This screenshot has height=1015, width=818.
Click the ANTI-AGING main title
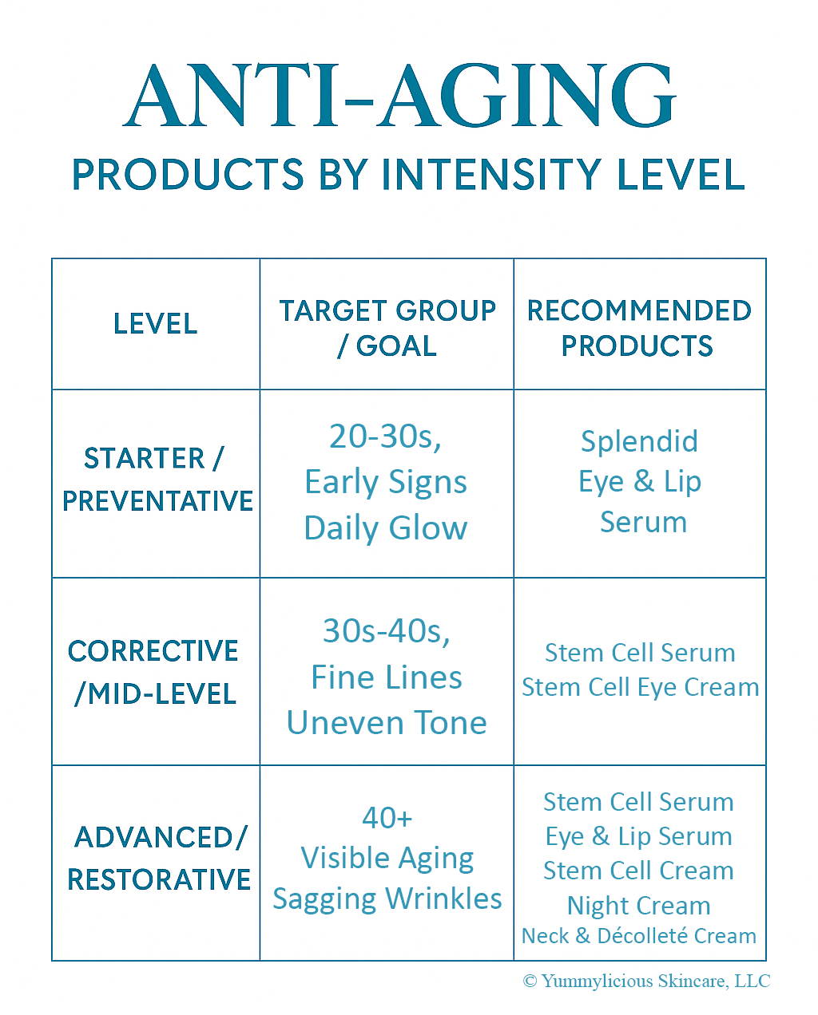[399, 96]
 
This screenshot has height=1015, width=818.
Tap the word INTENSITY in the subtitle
[491, 175]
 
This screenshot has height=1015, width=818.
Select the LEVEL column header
[156, 323]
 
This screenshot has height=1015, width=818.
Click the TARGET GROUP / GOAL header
[387, 328]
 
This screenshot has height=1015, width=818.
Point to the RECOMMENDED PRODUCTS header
[639, 328]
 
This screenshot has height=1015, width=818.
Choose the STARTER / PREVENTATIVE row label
[157, 480]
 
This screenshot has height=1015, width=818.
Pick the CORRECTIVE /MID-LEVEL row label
[153, 672]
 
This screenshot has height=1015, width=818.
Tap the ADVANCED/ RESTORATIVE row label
[159, 859]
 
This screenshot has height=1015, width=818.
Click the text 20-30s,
[385, 436]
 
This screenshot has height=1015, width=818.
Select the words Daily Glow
[386, 527]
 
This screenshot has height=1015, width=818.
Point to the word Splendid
[639, 441]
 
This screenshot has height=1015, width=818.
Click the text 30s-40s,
[387, 631]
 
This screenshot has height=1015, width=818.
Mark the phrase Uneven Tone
[387, 723]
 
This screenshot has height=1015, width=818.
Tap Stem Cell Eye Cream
[641, 688]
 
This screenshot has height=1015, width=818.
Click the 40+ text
[387, 818]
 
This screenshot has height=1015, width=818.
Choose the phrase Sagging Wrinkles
[387, 899]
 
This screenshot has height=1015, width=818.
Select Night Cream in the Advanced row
[639, 906]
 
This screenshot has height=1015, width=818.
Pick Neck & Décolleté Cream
[639, 936]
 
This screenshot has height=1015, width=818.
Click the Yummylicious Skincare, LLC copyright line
[646, 981]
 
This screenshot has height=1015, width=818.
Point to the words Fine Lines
[387, 677]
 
